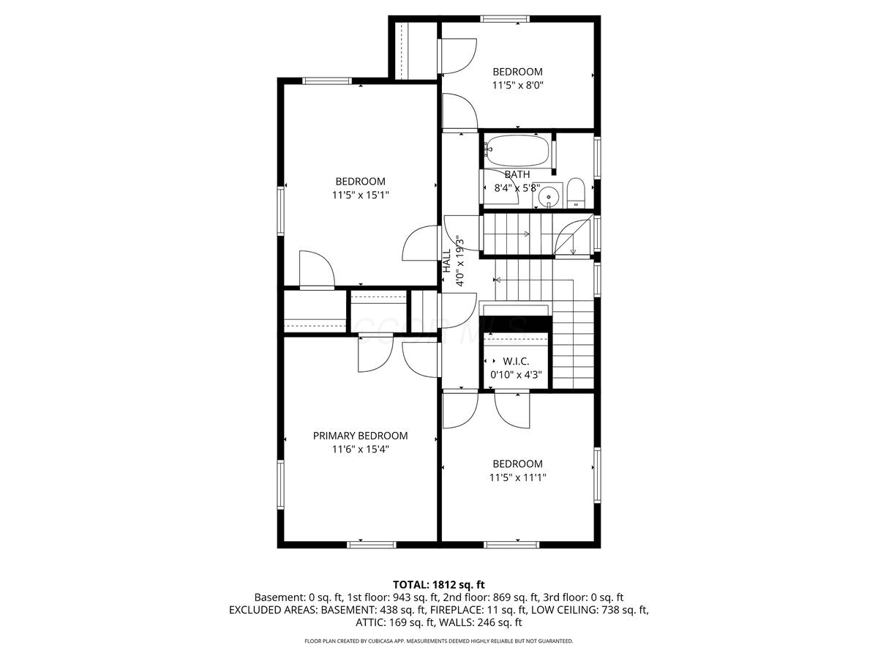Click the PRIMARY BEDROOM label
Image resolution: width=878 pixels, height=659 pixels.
(360, 436)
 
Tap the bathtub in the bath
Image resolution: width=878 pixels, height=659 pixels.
(517, 150)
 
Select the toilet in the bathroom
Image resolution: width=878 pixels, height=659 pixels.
(576, 193)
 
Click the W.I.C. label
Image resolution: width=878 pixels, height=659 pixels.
(516, 361)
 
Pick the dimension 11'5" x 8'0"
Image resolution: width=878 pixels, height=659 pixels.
(517, 85)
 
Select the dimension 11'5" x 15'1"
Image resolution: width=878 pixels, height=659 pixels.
(361, 196)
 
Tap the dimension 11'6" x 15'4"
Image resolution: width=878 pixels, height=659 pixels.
(361, 450)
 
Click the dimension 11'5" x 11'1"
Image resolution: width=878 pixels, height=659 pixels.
(517, 477)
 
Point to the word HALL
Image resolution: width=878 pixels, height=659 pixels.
(447, 261)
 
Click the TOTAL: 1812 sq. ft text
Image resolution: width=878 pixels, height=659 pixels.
(439, 585)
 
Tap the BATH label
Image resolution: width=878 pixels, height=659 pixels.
(517, 174)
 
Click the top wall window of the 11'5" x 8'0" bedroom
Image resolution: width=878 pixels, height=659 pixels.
(505, 18)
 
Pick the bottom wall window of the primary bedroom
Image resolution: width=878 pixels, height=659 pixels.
(371, 545)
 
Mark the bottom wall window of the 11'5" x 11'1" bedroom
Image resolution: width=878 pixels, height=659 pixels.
(511, 545)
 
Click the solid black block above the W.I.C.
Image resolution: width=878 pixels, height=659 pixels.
(516, 324)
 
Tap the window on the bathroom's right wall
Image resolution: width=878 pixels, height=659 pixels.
(597, 157)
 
